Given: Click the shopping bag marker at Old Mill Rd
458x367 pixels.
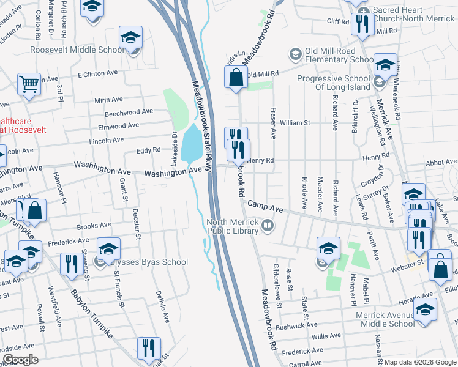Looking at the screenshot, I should tap(236, 78).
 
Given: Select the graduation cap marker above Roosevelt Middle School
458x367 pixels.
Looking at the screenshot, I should tap(130, 37).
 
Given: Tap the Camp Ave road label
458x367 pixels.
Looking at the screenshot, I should tap(266, 209).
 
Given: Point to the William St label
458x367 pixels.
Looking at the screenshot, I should tap(291, 123).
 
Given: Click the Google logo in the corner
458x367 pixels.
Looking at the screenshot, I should tap(20, 360).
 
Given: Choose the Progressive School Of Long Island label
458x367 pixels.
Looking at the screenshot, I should tap(334, 83).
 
